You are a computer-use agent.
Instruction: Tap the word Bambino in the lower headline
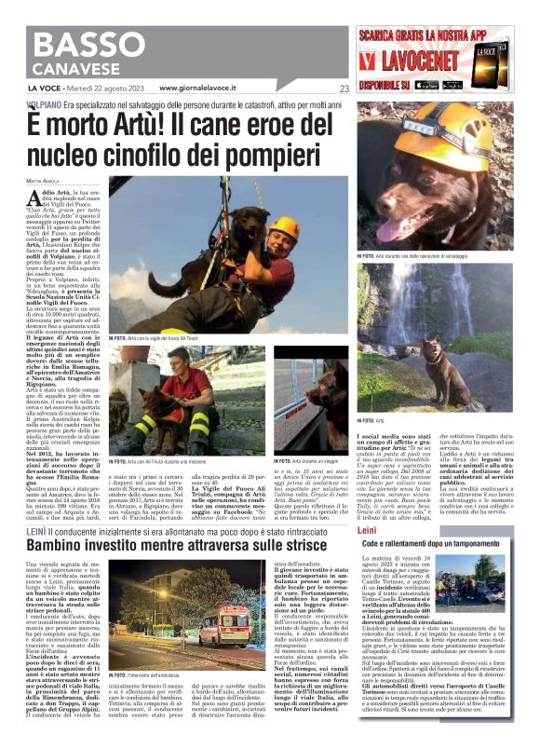tap(74, 544)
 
